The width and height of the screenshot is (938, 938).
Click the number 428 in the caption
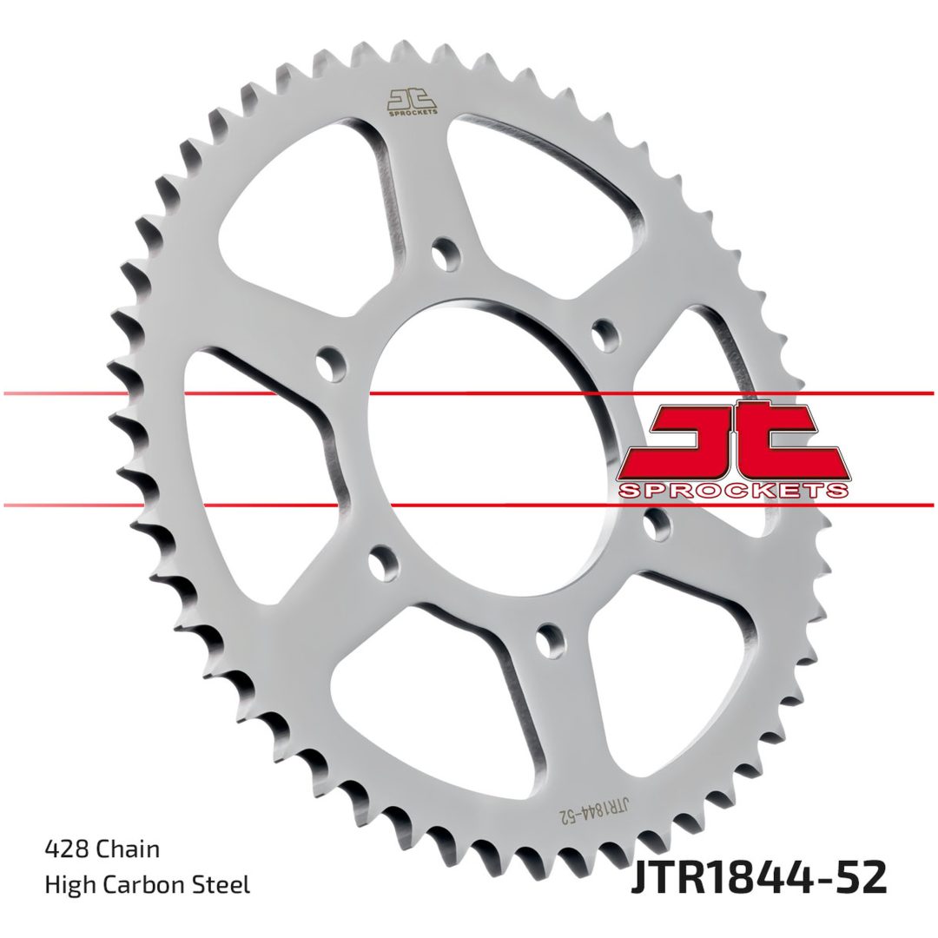pos(64,849)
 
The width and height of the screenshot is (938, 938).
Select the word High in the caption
pos(69,885)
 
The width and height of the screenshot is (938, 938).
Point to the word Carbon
pos(144,885)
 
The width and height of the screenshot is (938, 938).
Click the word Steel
pos(222,885)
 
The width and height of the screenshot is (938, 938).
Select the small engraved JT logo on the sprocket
pos(412,102)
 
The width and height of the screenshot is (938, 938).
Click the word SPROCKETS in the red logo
pos(733,491)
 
